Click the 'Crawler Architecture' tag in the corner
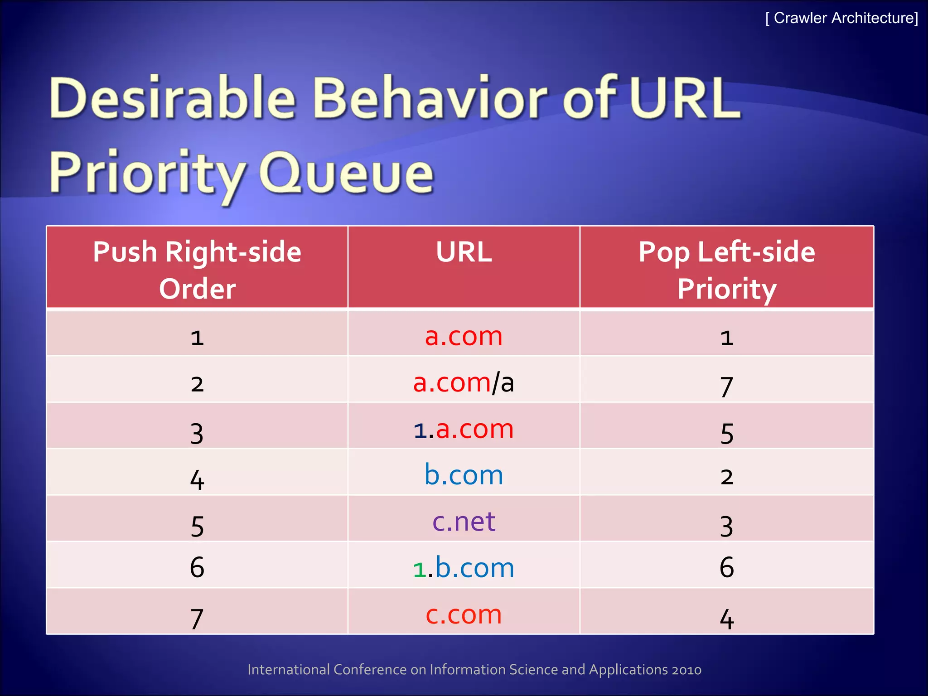point(841,18)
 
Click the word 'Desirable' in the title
point(172,97)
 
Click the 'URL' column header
point(464,252)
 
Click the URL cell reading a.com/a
point(464,382)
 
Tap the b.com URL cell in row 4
point(464,475)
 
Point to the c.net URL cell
point(464,521)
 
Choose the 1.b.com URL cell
point(464,568)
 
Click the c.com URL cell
point(464,614)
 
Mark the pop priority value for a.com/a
point(726,386)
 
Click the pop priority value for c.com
point(726,619)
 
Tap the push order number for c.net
point(197,526)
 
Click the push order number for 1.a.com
point(197,433)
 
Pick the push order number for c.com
point(197,619)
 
